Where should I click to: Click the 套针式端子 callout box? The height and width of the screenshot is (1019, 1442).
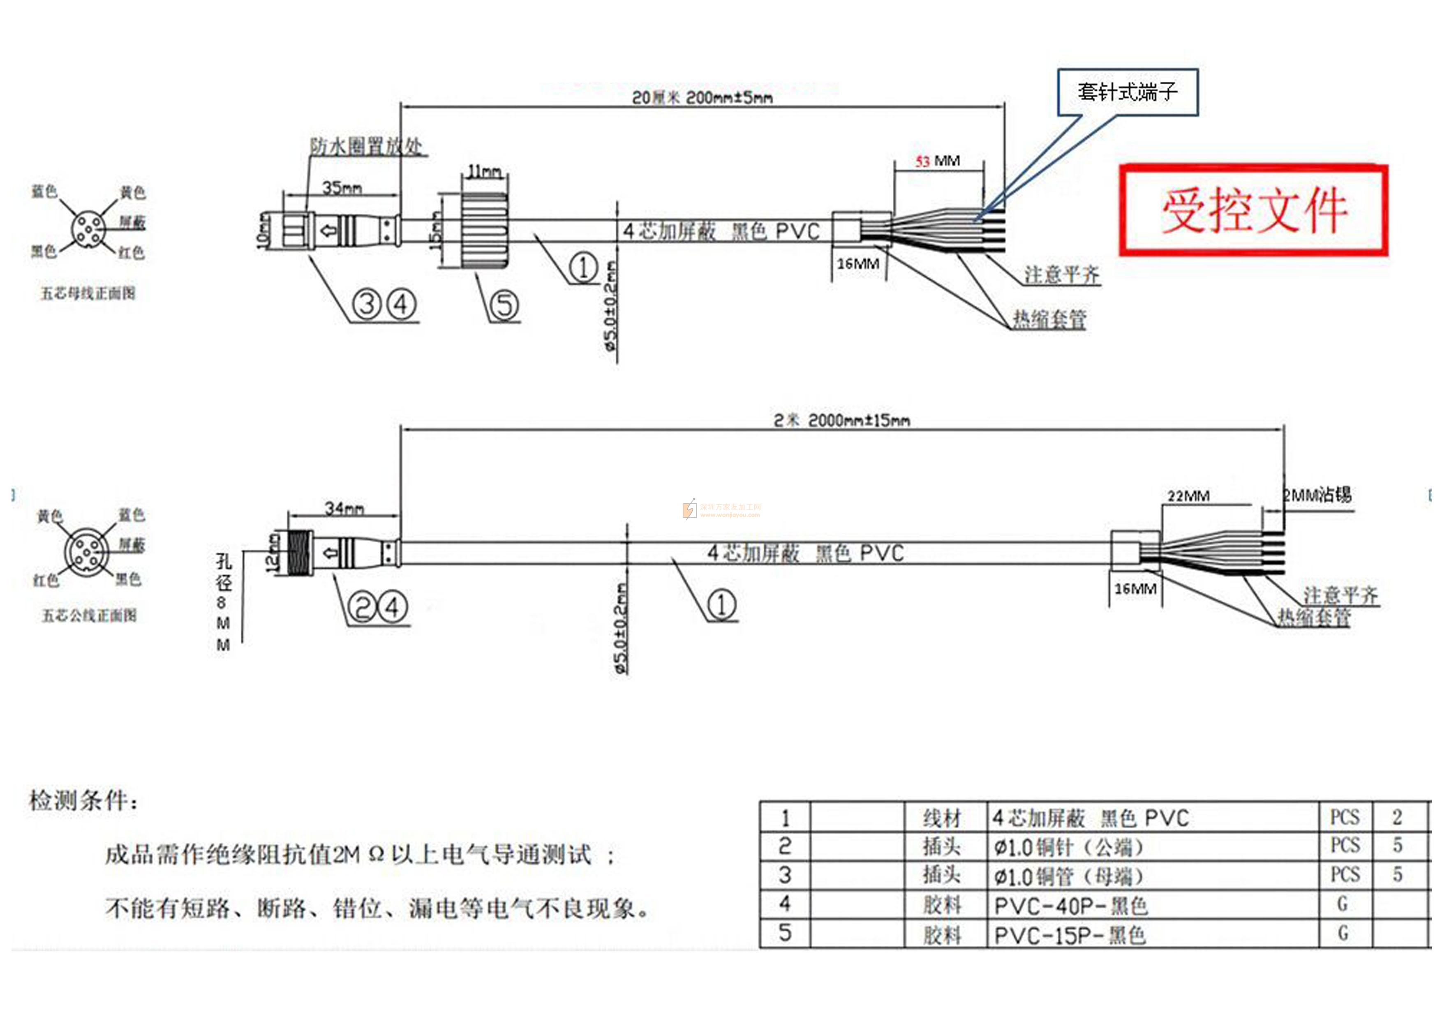pyautogui.click(x=1128, y=92)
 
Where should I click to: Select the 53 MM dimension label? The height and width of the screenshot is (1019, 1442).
pyautogui.click(x=937, y=161)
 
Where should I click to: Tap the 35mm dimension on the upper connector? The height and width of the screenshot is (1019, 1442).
pyautogui.click(x=342, y=187)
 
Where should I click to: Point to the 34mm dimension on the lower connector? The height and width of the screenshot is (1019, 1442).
pyautogui.click(x=344, y=508)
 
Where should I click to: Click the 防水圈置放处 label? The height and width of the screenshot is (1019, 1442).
pyautogui.click(x=365, y=147)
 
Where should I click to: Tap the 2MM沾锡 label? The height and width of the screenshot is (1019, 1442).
pyautogui.click(x=1317, y=495)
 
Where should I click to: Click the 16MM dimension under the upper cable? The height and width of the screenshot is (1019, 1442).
pyautogui.click(x=857, y=264)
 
